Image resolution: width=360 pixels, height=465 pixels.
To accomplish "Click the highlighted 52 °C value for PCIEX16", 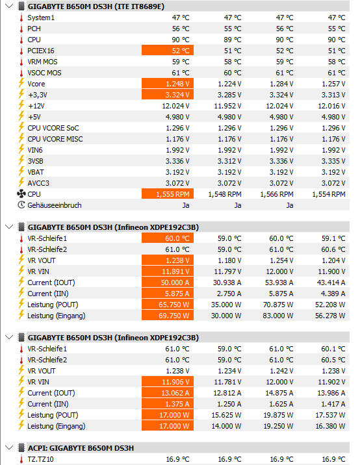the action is pos(168,51).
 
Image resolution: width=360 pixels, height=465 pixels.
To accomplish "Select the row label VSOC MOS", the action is pos(44,73).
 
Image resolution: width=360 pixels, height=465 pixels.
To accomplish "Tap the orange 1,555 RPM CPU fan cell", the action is pos(168,194).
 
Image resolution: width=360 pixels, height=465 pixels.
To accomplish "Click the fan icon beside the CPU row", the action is pos(21,194).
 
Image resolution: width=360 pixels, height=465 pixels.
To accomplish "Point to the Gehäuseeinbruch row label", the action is pos(55,205).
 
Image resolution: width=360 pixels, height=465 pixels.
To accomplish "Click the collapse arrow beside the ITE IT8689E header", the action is pos(9,6).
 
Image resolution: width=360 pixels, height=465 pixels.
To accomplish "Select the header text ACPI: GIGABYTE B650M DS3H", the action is pos(81,448).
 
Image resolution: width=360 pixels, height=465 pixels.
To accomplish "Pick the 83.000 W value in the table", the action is pos(277,316).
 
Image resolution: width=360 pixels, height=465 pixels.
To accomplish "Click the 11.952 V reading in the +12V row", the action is pos(227,106).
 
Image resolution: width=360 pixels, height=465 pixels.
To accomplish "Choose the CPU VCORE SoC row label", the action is pos(53,128).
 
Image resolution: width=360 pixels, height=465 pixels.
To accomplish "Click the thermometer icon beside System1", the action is pos(21,18).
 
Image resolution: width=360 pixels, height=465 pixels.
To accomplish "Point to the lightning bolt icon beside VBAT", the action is pos(21,172).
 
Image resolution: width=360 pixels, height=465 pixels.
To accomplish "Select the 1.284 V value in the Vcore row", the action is pos(281,84).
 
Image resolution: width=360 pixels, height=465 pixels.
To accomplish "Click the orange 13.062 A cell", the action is pos(168,393).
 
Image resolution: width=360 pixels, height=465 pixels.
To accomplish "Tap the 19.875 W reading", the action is pos(278,415).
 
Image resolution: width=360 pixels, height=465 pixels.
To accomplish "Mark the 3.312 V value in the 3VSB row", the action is pos(229,161).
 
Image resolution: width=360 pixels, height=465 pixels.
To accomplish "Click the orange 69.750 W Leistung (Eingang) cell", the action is pos(168,316).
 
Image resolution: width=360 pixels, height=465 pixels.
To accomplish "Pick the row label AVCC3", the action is pos(38,183).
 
